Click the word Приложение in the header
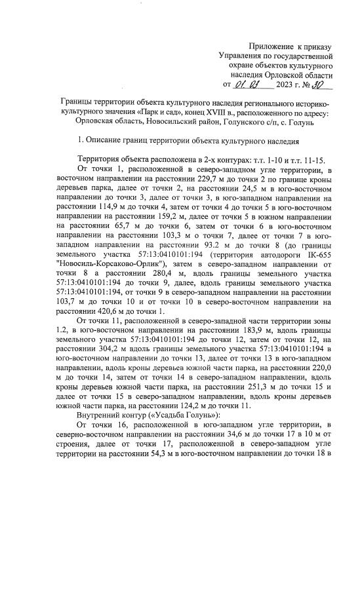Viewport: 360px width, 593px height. click(272, 47)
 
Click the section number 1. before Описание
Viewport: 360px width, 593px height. click(80, 141)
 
